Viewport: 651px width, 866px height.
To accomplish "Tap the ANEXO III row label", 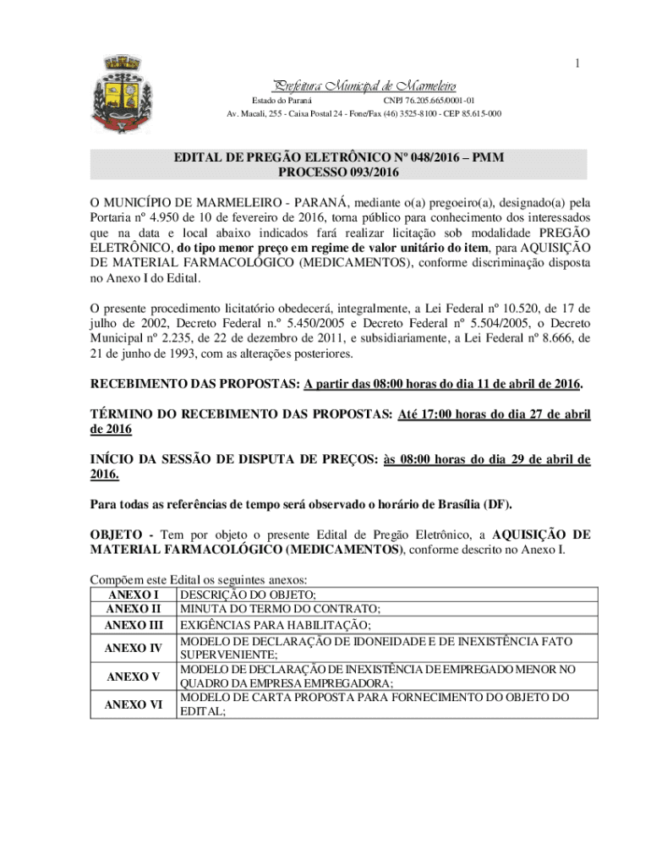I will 133,625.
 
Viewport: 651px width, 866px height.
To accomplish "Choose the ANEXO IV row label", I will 133,648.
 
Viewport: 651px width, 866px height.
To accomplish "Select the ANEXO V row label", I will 133,677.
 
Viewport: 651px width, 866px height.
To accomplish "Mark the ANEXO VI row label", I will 133,704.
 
